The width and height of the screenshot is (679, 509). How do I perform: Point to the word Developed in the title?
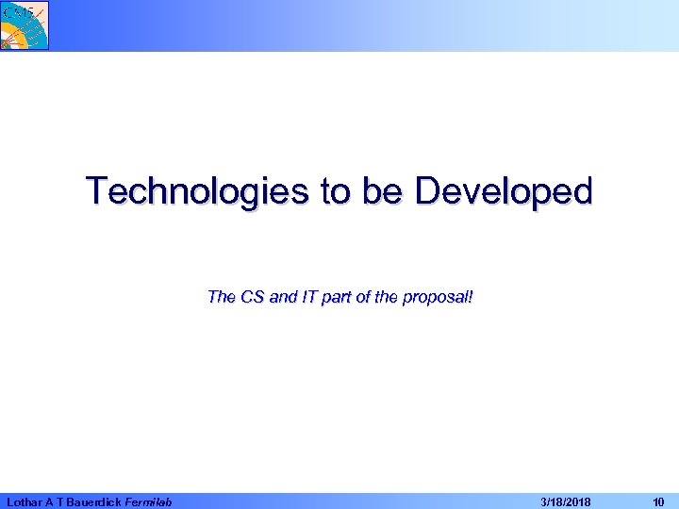[504, 191]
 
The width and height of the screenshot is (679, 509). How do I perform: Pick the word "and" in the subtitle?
[284, 298]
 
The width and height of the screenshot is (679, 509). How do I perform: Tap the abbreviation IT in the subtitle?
[312, 298]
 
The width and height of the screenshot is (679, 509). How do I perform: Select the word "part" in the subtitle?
[340, 298]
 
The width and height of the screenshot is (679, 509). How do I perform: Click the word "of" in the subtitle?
[369, 298]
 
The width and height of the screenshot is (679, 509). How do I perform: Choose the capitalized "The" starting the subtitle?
[221, 298]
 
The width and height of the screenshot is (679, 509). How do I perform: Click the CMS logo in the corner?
[25, 25]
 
